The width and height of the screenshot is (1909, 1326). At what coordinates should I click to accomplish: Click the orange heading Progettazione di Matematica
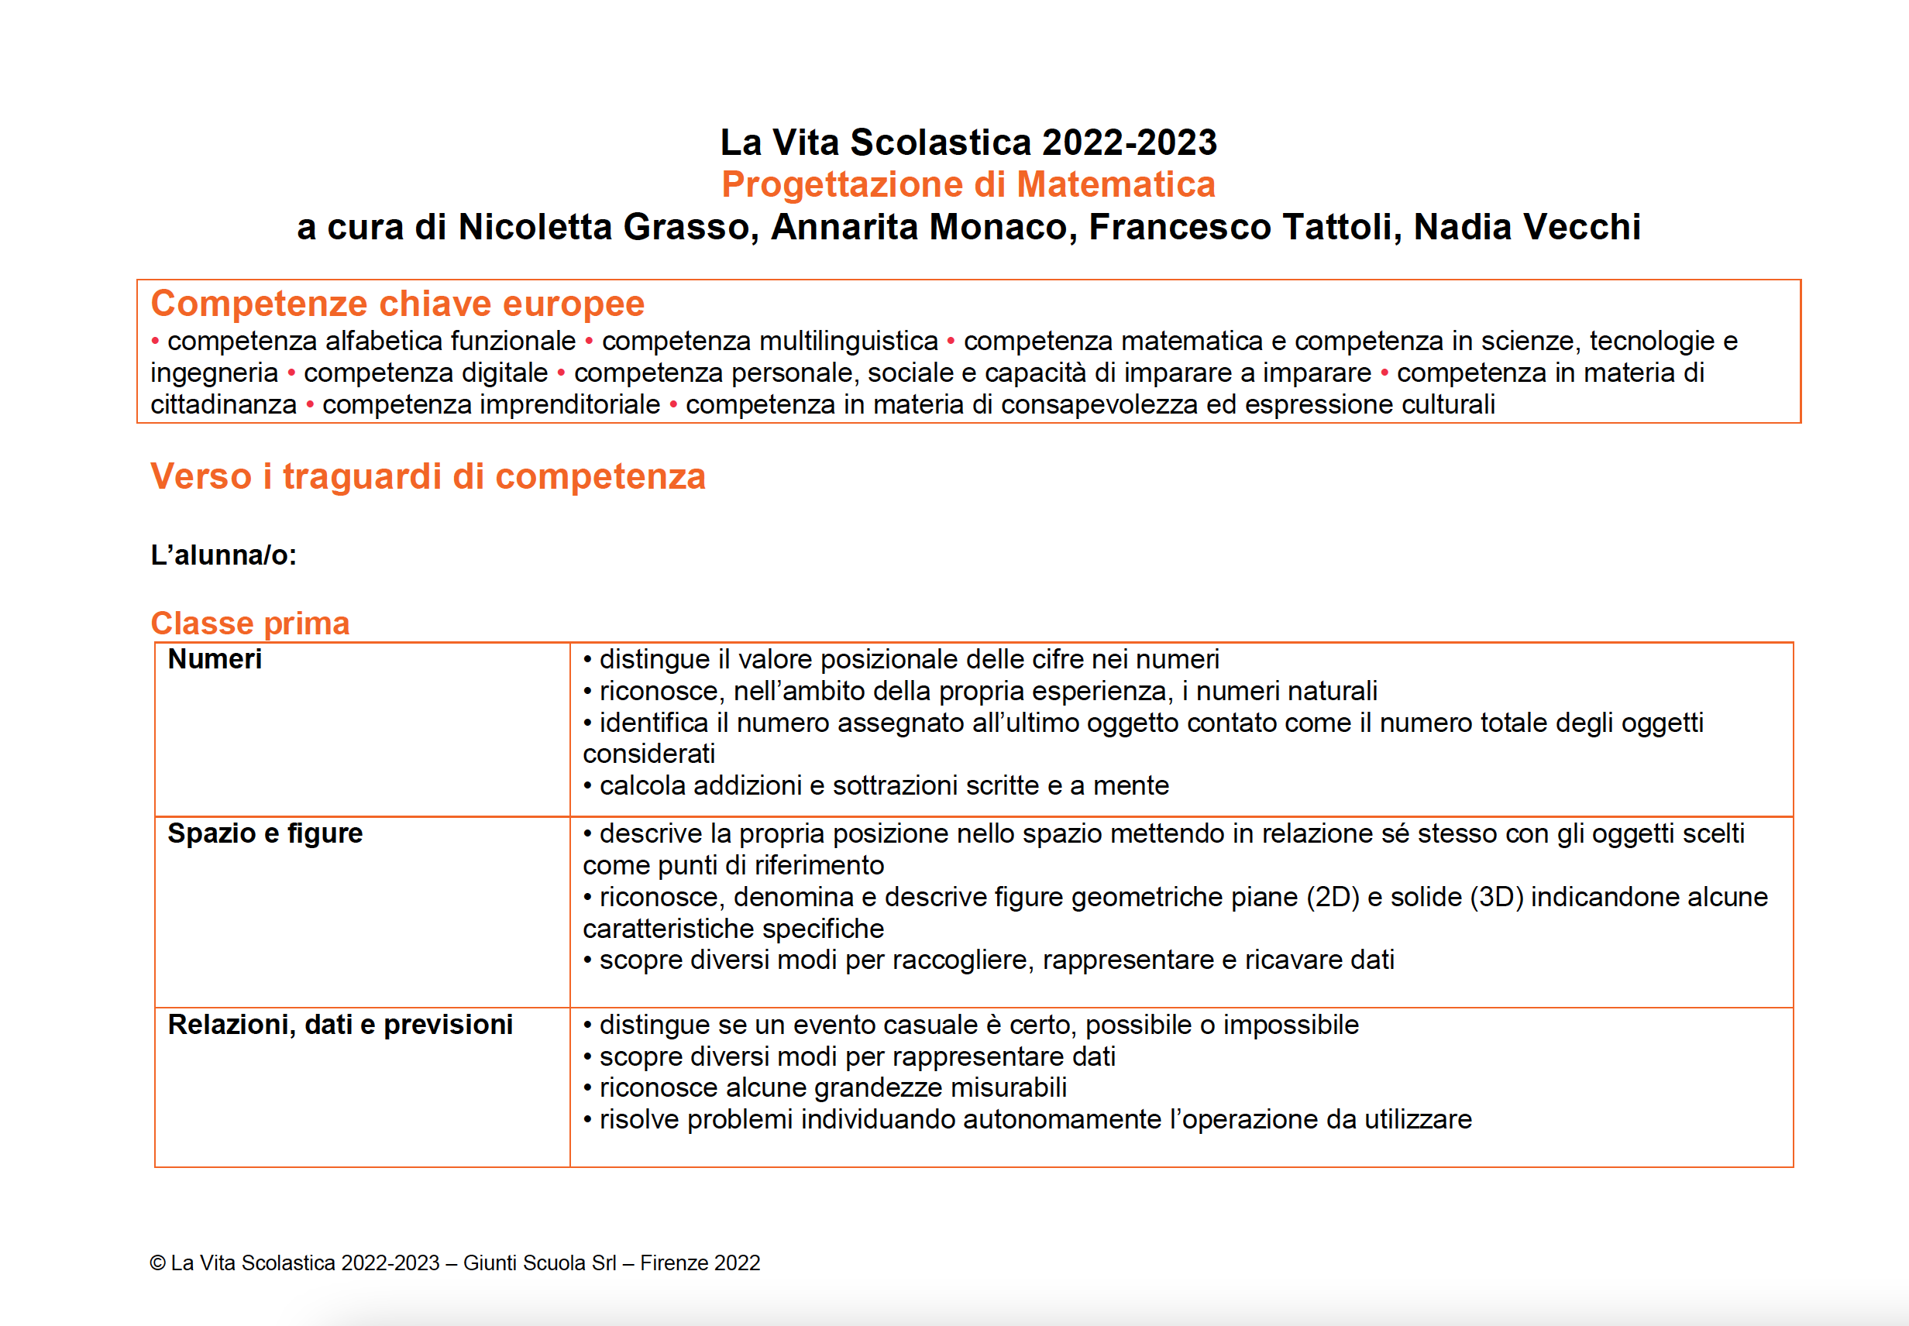(x=968, y=184)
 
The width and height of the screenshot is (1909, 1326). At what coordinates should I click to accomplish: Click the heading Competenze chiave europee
(x=397, y=304)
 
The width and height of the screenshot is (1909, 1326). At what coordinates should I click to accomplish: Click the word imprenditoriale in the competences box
(x=491, y=404)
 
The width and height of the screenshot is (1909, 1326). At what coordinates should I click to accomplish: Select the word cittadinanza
(x=224, y=404)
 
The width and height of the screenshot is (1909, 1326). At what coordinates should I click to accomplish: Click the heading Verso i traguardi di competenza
(x=428, y=477)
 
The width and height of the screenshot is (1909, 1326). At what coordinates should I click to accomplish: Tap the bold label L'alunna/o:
(x=224, y=555)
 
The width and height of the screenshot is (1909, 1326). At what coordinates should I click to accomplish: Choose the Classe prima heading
(x=250, y=623)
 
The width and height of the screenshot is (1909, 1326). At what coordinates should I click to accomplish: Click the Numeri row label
(x=215, y=660)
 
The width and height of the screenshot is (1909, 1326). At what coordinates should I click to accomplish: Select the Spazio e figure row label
(x=265, y=833)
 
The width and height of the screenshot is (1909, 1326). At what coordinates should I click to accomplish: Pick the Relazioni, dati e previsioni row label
(x=340, y=1025)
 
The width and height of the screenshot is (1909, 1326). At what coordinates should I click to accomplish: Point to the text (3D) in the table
(x=1496, y=897)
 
